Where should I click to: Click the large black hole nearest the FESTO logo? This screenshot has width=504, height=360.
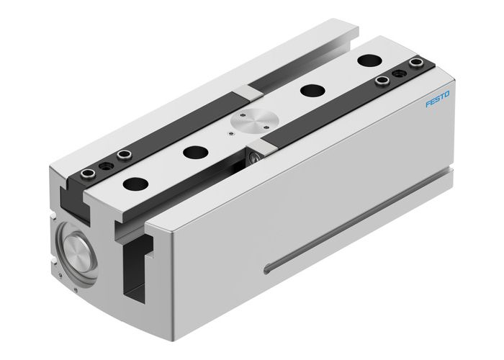(369, 60)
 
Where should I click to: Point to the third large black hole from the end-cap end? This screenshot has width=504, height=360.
(312, 90)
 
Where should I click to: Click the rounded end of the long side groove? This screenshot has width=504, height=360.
(269, 269)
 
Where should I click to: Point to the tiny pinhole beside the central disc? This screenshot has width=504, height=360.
(230, 132)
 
